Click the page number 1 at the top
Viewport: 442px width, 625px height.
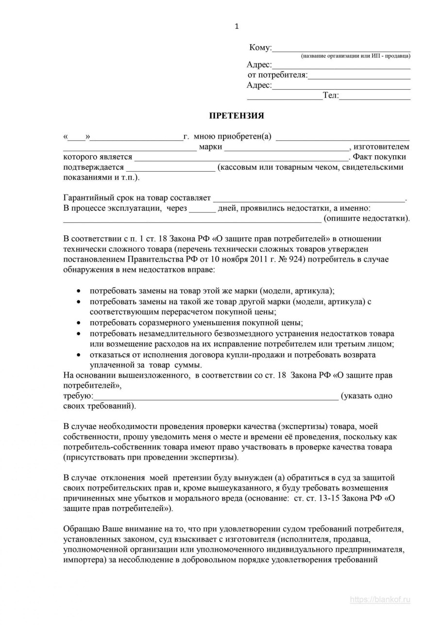point(237,27)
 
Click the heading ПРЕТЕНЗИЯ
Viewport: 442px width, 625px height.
point(237,115)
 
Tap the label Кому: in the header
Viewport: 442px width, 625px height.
point(260,48)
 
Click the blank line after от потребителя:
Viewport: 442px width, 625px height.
point(359,75)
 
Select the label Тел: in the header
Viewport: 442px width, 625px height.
point(331,96)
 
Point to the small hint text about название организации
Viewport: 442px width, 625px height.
point(356,56)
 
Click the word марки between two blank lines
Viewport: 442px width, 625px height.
point(210,147)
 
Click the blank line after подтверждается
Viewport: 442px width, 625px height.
point(170,167)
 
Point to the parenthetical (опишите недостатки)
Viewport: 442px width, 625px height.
point(367,218)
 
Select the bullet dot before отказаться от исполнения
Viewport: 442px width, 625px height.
point(79,355)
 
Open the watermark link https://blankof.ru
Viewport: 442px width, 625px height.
point(380,600)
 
